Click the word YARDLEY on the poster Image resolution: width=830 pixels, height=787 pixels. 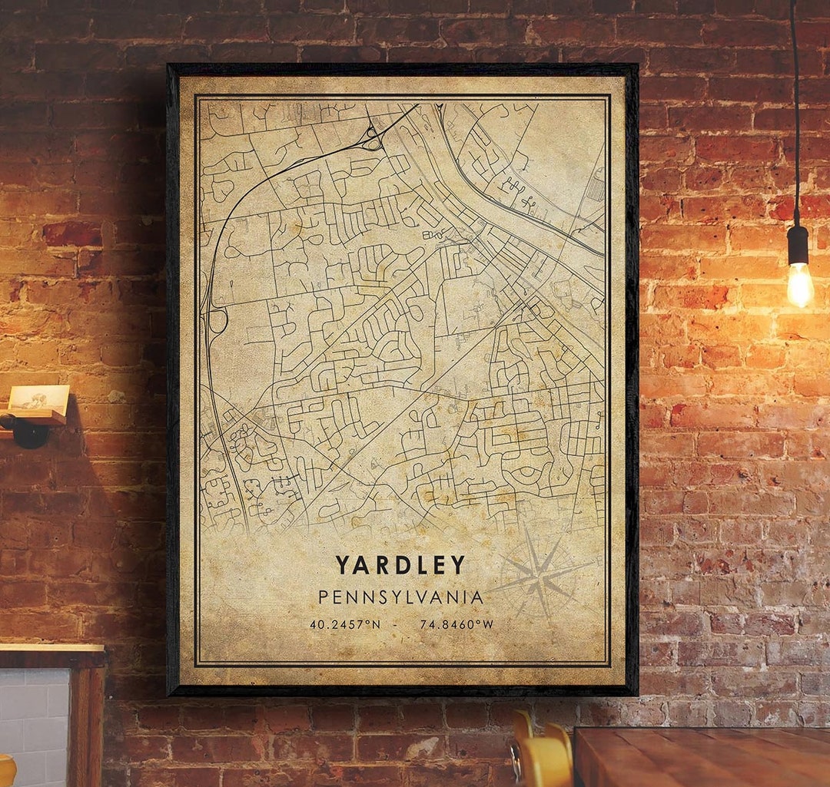pyautogui.click(x=400, y=566)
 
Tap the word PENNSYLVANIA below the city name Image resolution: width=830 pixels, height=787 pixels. pyautogui.click(x=400, y=597)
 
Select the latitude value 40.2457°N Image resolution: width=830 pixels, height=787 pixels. pyautogui.click(x=345, y=625)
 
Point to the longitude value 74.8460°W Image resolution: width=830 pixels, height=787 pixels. pyautogui.click(x=456, y=625)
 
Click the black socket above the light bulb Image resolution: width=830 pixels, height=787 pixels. pyautogui.click(x=798, y=244)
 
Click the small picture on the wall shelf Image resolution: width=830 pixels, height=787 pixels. pyautogui.click(x=38, y=398)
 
